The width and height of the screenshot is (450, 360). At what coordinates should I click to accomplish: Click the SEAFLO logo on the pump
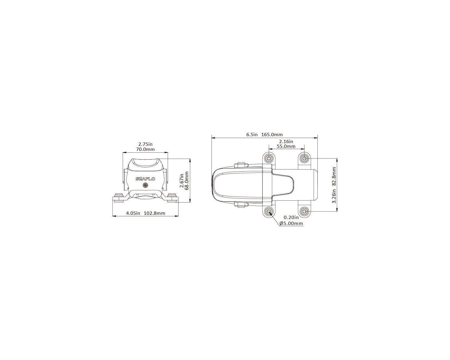[145, 179]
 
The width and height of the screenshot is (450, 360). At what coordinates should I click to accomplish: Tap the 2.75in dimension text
[145, 144]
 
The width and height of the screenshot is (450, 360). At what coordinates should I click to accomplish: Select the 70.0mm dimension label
[145, 149]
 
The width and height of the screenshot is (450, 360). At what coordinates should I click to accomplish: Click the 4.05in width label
[133, 213]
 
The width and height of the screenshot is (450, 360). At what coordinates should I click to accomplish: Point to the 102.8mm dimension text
[154, 213]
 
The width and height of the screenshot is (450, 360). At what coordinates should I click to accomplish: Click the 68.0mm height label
[187, 181]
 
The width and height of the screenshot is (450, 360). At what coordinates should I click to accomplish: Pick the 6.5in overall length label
[252, 134]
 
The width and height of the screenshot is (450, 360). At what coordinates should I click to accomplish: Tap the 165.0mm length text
[272, 134]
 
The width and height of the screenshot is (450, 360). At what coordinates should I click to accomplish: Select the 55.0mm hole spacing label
[286, 146]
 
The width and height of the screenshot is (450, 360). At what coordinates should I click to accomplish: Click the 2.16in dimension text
[286, 141]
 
